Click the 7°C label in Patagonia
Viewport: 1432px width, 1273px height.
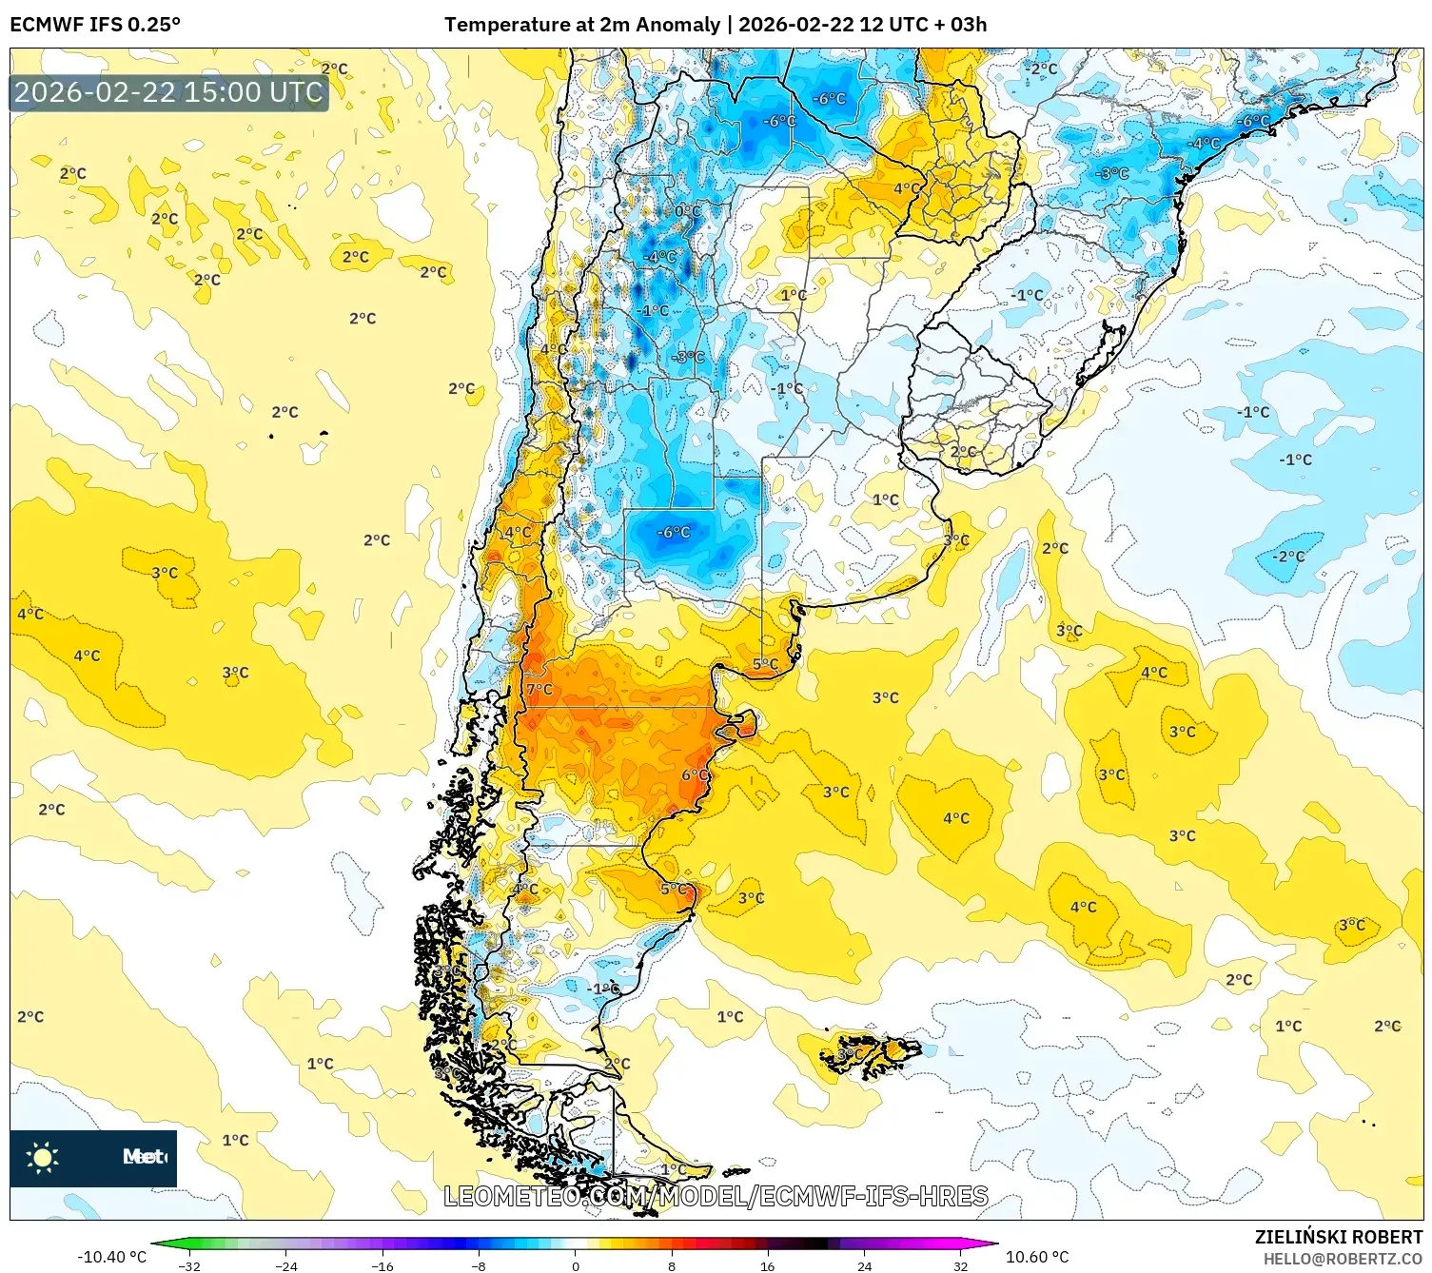pyautogui.click(x=539, y=689)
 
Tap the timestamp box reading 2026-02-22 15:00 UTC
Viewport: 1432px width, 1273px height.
pyautogui.click(x=168, y=92)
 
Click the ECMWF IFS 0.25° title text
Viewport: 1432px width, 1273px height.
pyautogui.click(x=95, y=25)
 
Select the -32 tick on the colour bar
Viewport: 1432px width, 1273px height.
pyautogui.click(x=189, y=1265)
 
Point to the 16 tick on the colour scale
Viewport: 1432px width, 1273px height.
pyautogui.click(x=767, y=1265)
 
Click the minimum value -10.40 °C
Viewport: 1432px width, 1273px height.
pyautogui.click(x=111, y=1257)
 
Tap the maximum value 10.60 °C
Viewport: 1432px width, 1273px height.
pyautogui.click(x=1037, y=1257)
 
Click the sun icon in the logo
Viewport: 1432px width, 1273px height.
pyautogui.click(x=43, y=1157)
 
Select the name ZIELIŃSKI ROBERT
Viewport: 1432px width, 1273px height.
pyautogui.click(x=1338, y=1237)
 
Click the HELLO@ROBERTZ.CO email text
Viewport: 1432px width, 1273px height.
pyautogui.click(x=1343, y=1259)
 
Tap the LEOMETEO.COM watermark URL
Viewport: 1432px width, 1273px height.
pyautogui.click(x=716, y=1196)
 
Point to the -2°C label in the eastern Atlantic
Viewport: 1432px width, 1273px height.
pyautogui.click(x=1289, y=556)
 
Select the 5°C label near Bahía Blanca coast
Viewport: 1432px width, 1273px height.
pyautogui.click(x=766, y=664)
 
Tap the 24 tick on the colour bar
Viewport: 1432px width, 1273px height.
pyautogui.click(x=864, y=1265)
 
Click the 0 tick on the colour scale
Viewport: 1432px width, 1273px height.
pyautogui.click(x=575, y=1265)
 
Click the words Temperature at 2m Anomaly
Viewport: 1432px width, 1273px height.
pyautogui.click(x=581, y=25)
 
